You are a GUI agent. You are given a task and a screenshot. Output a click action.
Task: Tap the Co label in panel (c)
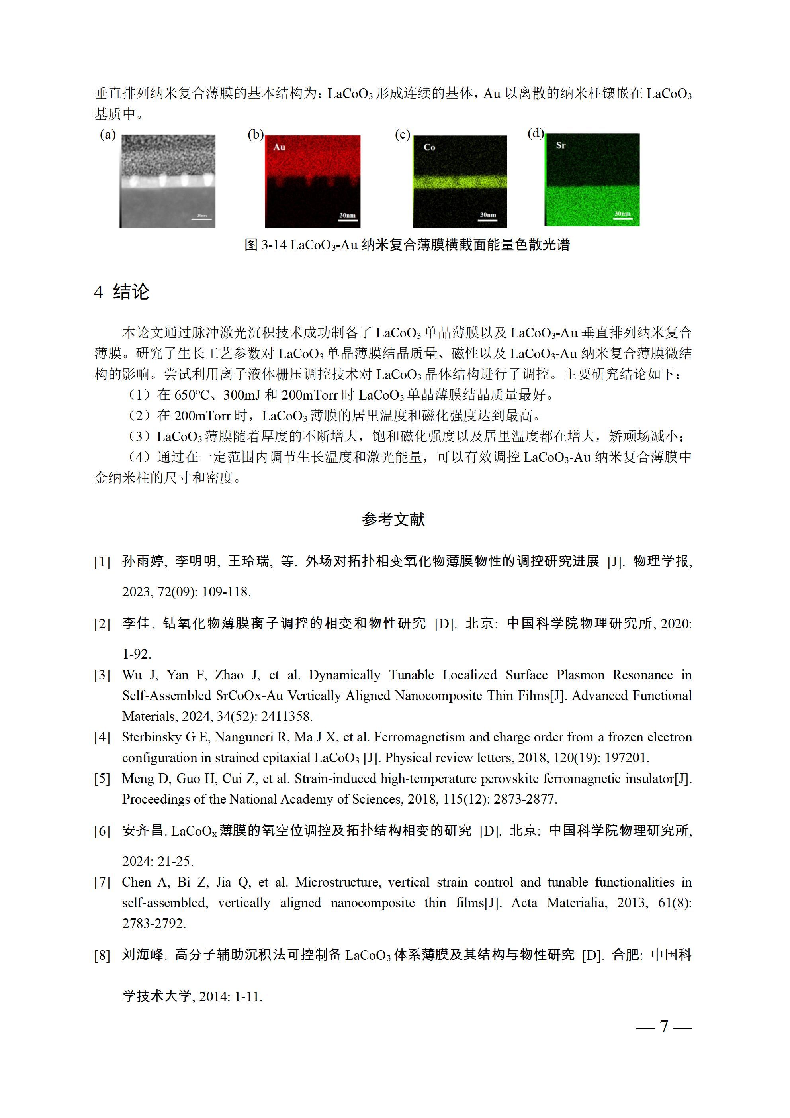pyautogui.click(x=429, y=147)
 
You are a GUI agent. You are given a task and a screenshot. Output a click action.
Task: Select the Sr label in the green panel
pyautogui.click(x=560, y=145)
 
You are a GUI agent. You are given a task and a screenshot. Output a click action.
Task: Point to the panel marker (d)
pyautogui.click(x=536, y=133)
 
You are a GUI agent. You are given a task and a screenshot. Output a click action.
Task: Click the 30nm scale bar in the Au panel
pyautogui.click(x=348, y=217)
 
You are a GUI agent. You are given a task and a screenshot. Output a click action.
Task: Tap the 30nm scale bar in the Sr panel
pyautogui.click(x=622, y=215)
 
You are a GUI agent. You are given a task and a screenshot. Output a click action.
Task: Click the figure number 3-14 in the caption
pyautogui.click(x=274, y=245)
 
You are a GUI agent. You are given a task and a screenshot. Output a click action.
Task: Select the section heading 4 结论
pyautogui.click(x=122, y=292)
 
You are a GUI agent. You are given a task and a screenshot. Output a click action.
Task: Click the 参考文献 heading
pyautogui.click(x=393, y=520)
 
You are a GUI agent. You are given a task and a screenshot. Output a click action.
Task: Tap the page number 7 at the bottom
pyautogui.click(x=664, y=1026)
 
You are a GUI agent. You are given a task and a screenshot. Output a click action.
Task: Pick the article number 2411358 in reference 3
pyautogui.click(x=286, y=716)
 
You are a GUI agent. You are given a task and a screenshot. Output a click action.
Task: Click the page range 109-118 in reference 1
pyautogui.click(x=226, y=592)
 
